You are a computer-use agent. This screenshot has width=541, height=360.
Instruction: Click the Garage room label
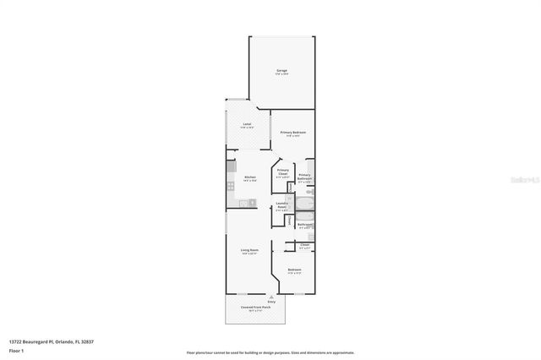(281, 71)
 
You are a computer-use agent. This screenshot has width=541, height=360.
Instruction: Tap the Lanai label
(247, 126)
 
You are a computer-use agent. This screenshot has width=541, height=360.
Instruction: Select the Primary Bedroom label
(293, 134)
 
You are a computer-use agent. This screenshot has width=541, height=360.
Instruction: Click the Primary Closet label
(283, 173)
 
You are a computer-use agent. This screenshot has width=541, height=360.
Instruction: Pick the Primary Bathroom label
(304, 177)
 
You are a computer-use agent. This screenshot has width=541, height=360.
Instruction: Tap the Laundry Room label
(282, 208)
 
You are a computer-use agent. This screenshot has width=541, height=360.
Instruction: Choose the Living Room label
(249, 251)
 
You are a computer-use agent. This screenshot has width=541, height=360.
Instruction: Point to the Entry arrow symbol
(270, 297)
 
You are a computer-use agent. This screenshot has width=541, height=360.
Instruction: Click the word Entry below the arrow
(270, 302)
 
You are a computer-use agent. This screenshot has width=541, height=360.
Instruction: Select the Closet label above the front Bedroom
(304, 246)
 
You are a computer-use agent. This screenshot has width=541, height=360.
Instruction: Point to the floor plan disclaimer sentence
(270, 352)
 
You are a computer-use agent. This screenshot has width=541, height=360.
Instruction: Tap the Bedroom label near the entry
(293, 271)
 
